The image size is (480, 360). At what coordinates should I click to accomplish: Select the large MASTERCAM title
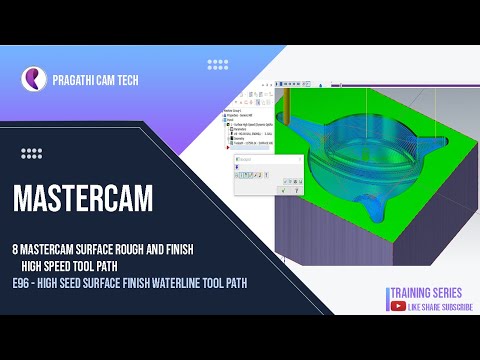[83, 199]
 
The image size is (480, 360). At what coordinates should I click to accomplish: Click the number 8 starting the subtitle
[16, 247]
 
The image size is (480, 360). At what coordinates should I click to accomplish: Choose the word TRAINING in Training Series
[409, 292]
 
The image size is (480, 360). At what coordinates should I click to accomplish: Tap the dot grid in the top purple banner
[217, 64]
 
